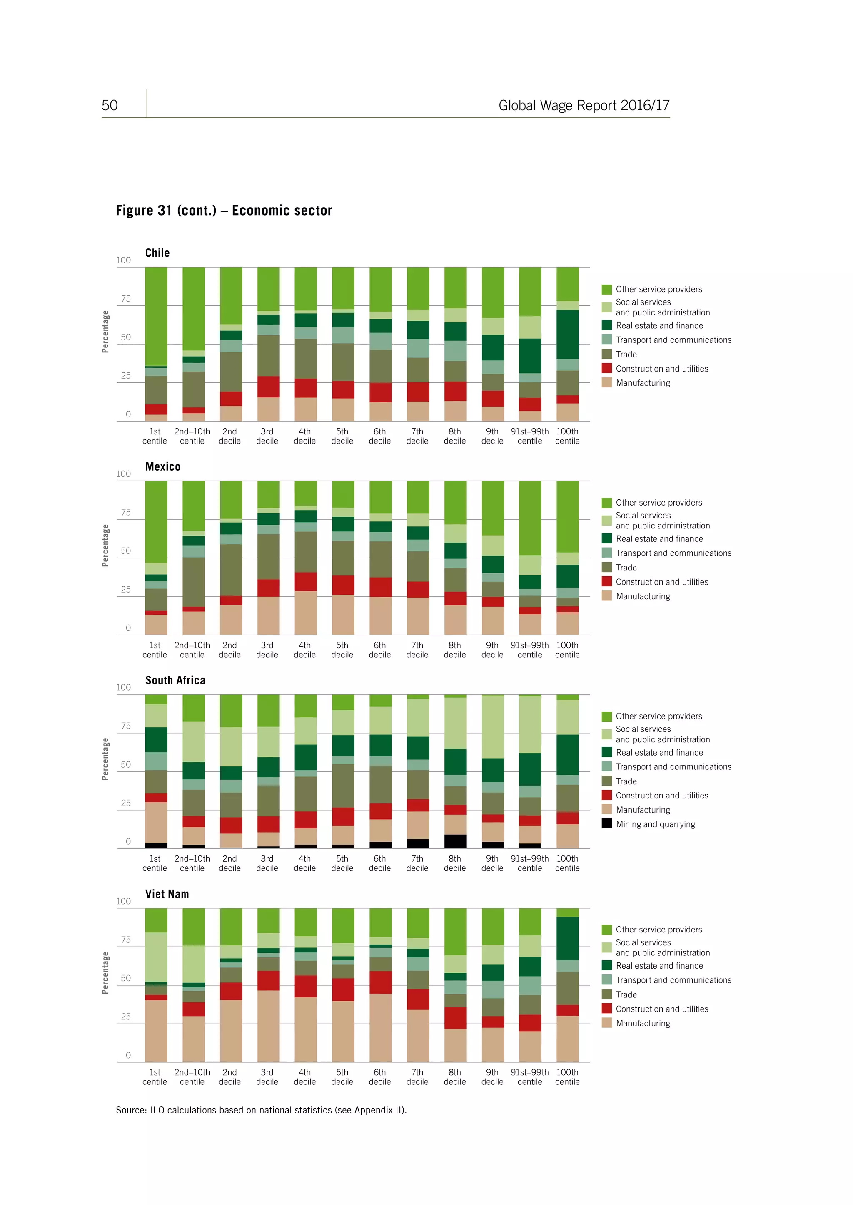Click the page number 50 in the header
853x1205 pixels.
pos(110,106)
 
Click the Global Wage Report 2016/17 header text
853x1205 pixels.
pos(584,106)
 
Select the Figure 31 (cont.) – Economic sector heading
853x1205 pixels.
pos(224,211)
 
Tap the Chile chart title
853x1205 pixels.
pos(157,253)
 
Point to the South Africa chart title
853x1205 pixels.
pos(175,680)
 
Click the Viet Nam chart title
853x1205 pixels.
pos(167,894)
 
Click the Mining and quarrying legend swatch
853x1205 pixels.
pos(607,824)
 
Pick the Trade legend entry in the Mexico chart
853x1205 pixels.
pos(626,567)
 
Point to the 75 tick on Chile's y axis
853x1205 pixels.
pos(125,299)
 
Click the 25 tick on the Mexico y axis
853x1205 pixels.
pos(125,589)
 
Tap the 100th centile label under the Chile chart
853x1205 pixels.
pos(567,436)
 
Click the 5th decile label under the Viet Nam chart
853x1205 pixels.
pos(342,1077)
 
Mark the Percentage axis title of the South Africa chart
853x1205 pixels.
pos(105,759)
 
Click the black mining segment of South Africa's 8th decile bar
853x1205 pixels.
pos(455,841)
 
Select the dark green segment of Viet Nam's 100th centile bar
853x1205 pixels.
pos(567,938)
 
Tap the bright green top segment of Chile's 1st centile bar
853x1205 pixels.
pos(156,315)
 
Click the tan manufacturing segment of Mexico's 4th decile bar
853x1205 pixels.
pos(305,612)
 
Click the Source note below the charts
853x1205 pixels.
pos(261,1110)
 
